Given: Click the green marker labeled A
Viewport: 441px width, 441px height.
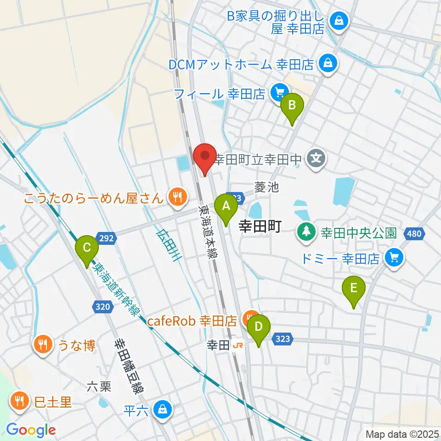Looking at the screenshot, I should pyautogui.click(x=226, y=206).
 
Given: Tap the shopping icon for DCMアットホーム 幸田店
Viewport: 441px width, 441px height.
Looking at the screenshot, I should pyautogui.click(x=328, y=64).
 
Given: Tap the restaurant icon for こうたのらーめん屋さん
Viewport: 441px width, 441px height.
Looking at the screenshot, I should pyautogui.click(x=176, y=198).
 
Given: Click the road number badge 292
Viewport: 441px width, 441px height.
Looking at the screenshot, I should pyautogui.click(x=106, y=238).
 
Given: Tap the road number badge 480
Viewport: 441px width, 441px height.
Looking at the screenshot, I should pyautogui.click(x=413, y=234).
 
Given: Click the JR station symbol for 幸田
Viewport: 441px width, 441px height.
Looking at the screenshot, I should pyautogui.click(x=238, y=345).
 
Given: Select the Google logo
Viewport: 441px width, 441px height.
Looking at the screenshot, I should pyautogui.click(x=31, y=430).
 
